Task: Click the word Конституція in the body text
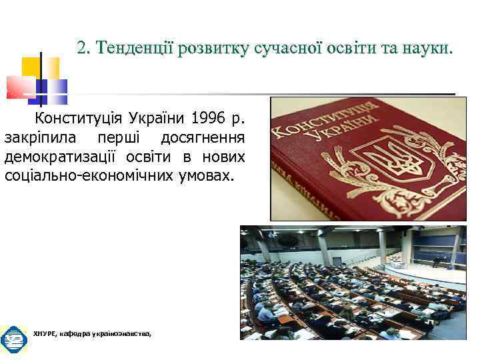click(x=75, y=120)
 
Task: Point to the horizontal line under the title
click(x=267, y=94)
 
